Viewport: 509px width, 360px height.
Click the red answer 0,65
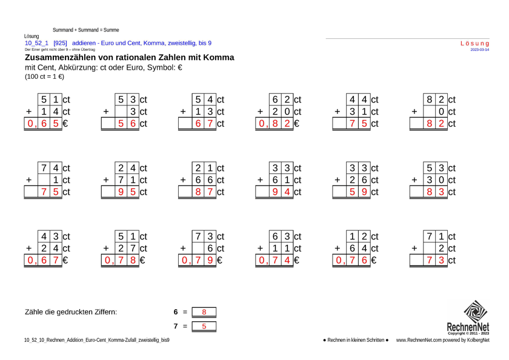(43, 124)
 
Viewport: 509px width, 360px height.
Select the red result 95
(127, 192)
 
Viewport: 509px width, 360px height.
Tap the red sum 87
(204, 192)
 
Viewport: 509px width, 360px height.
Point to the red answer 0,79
(198, 261)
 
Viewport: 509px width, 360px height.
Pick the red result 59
(358, 192)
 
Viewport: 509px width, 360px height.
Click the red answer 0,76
(351, 261)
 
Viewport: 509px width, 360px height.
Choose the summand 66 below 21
(204, 180)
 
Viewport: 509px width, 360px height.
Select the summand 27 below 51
(127, 248)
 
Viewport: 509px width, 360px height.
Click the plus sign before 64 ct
(338, 248)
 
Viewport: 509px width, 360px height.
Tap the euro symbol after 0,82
(296, 124)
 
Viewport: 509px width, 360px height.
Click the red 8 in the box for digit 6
(204, 312)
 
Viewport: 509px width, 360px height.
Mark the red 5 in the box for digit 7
(204, 326)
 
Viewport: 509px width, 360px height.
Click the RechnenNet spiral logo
(475, 312)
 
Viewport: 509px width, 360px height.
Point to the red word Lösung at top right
(474, 44)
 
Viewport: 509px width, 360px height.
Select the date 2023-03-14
(480, 50)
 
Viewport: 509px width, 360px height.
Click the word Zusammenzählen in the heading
(61, 58)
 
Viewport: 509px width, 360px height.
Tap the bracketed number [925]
(60, 43)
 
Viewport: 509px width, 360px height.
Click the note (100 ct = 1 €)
(44, 76)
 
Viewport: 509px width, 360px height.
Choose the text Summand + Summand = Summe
(85, 30)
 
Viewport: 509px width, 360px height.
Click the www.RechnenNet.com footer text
(419, 340)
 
